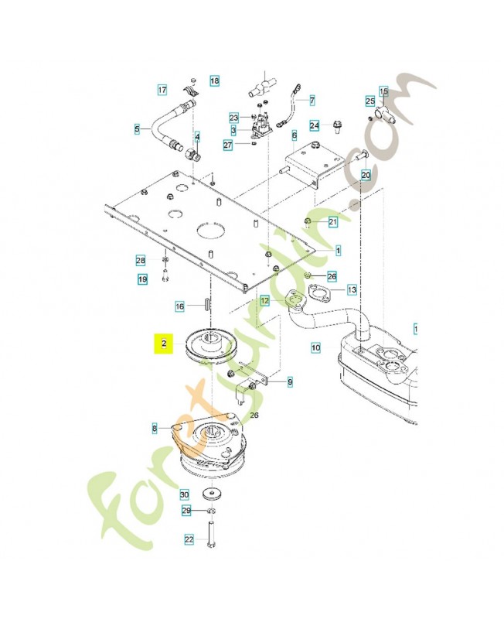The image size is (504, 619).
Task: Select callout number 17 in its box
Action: click(x=162, y=90)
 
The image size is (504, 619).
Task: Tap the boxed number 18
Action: click(x=214, y=80)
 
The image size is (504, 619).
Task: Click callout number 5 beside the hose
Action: click(x=137, y=128)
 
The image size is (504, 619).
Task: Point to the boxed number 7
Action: click(x=312, y=100)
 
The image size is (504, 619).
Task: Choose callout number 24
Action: click(x=315, y=125)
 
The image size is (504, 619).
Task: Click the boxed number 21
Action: click(x=333, y=222)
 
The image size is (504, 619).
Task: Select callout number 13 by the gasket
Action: click(x=352, y=290)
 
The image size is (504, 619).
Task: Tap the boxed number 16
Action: click(x=179, y=306)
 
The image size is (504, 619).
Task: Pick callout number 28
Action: click(x=141, y=260)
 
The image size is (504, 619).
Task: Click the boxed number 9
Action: click(x=290, y=381)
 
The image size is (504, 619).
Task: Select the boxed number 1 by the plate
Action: click(x=339, y=251)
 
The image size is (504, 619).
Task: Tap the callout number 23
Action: click(x=234, y=117)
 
